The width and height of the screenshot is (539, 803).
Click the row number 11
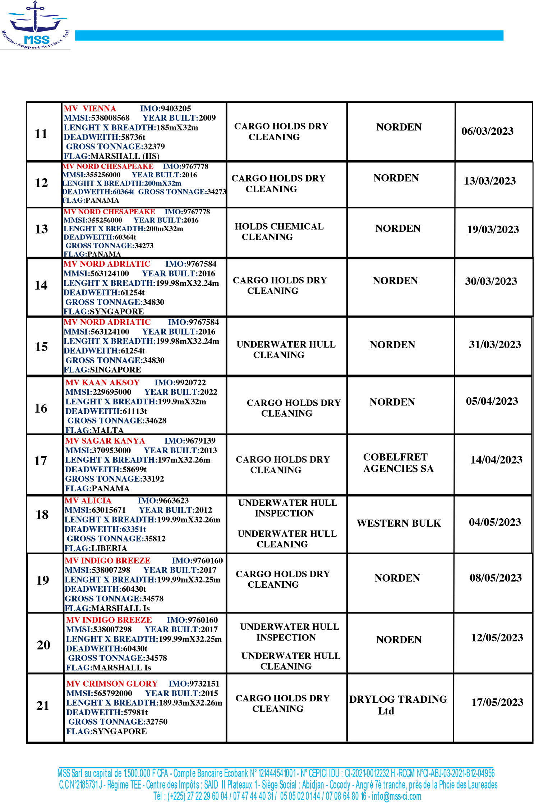coord(41,134)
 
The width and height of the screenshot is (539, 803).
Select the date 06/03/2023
coord(487,131)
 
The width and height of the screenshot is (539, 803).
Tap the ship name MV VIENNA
coord(90,109)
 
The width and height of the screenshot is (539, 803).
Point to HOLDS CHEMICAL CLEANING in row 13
coord(279,231)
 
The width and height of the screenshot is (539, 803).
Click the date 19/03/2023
coord(493,229)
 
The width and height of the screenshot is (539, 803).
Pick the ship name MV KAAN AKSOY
coord(102,382)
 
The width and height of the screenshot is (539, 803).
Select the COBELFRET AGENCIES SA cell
coord(398,463)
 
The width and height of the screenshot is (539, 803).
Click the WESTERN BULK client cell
coord(399,523)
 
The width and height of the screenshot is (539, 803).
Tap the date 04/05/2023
coord(495,522)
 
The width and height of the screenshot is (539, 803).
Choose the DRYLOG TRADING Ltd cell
coord(398,705)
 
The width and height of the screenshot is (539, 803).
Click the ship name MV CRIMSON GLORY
coord(112,684)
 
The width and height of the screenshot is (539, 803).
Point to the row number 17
coord(41,461)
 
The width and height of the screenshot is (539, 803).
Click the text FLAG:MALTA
coord(95,430)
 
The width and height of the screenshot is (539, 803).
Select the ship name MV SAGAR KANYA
coord(105,441)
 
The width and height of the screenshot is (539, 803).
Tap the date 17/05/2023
coord(497,702)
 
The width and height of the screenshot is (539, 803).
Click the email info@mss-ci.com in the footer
coord(396,796)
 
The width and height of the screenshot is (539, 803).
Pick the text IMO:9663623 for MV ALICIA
coord(163,500)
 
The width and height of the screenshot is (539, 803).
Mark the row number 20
coord(43,645)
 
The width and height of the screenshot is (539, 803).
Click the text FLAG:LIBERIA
coord(96,548)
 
